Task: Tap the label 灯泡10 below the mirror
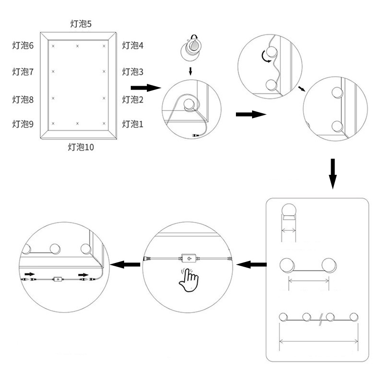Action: click(x=81, y=147)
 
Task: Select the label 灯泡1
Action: click(x=133, y=124)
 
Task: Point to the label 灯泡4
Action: click(x=133, y=45)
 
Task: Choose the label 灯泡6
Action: click(x=23, y=45)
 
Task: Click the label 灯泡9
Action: click(x=23, y=124)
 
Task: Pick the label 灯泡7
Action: click(x=23, y=72)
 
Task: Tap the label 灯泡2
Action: click(x=133, y=99)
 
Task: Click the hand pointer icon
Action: click(x=189, y=280)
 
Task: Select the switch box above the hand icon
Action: click(x=189, y=259)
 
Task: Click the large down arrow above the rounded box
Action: click(x=333, y=173)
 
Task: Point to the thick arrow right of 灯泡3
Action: click(x=144, y=88)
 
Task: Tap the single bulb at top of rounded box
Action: click(x=289, y=210)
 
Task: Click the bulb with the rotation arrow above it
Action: click(x=191, y=48)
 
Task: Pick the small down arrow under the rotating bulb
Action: click(x=190, y=71)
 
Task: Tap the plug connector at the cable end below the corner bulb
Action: click(x=195, y=136)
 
